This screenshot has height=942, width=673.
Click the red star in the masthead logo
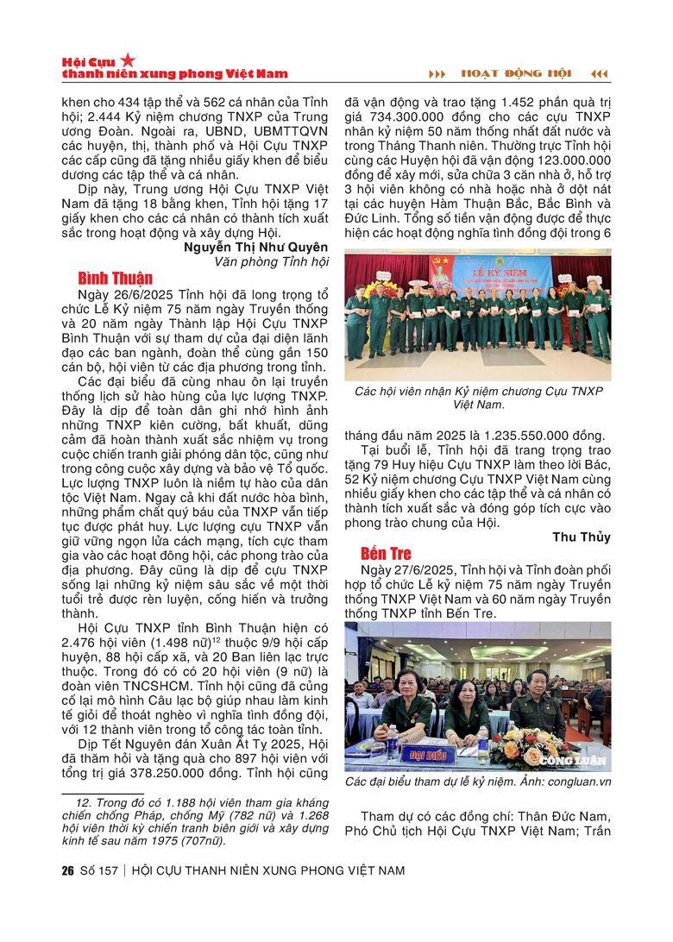click(x=128, y=60)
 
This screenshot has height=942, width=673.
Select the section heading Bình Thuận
click(x=115, y=278)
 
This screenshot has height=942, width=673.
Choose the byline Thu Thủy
click(x=582, y=537)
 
